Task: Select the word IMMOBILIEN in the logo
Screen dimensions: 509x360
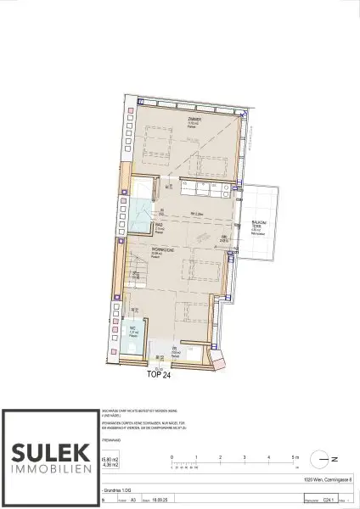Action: point(48,468)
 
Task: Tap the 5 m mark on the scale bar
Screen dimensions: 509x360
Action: point(293,456)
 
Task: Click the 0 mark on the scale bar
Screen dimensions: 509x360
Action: point(172,456)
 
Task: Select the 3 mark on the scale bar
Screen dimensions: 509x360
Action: point(245,456)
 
